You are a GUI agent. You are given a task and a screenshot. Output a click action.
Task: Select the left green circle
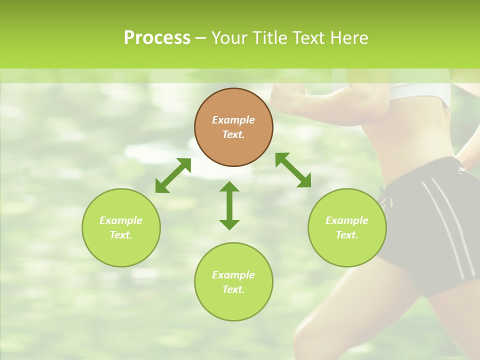click(x=121, y=227)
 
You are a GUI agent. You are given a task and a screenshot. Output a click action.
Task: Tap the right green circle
click(x=347, y=227)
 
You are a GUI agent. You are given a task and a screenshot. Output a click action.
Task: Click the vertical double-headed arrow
click(x=229, y=205)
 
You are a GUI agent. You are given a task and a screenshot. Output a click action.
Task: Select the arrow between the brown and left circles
click(x=173, y=175)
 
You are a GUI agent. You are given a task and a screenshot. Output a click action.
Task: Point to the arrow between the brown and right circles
click(x=293, y=170)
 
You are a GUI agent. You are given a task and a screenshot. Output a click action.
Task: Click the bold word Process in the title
click(x=157, y=38)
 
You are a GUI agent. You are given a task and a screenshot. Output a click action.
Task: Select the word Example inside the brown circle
click(x=233, y=120)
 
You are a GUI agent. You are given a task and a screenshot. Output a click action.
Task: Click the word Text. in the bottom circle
click(x=233, y=289)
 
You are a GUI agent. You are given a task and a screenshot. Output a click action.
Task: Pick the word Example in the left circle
click(x=121, y=220)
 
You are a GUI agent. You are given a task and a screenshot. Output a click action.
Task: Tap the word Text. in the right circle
click(x=347, y=235)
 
